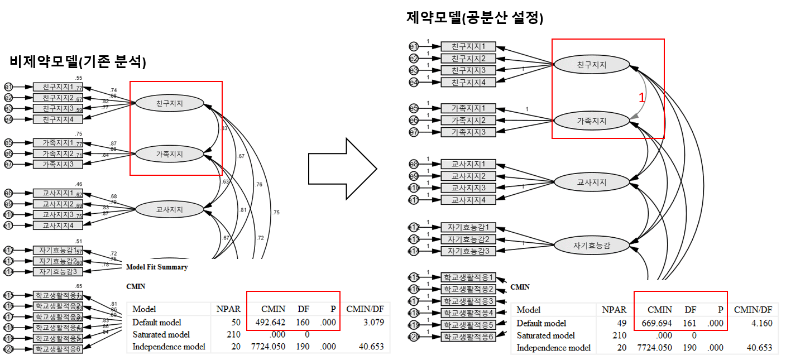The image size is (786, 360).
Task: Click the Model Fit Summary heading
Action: pos(157,267)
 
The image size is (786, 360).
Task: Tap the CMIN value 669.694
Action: pos(653,323)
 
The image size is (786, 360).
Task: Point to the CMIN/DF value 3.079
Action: pos(372,322)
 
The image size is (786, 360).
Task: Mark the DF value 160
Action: pos(302,322)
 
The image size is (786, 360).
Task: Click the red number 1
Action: pos(641,97)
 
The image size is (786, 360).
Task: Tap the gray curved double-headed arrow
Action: pos(638,92)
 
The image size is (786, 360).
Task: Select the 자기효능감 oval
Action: pos(592,244)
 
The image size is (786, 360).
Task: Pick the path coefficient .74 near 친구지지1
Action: pos(113,90)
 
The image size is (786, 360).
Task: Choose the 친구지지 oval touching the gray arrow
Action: pos(592,65)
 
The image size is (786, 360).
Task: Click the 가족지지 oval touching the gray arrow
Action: pos(592,120)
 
